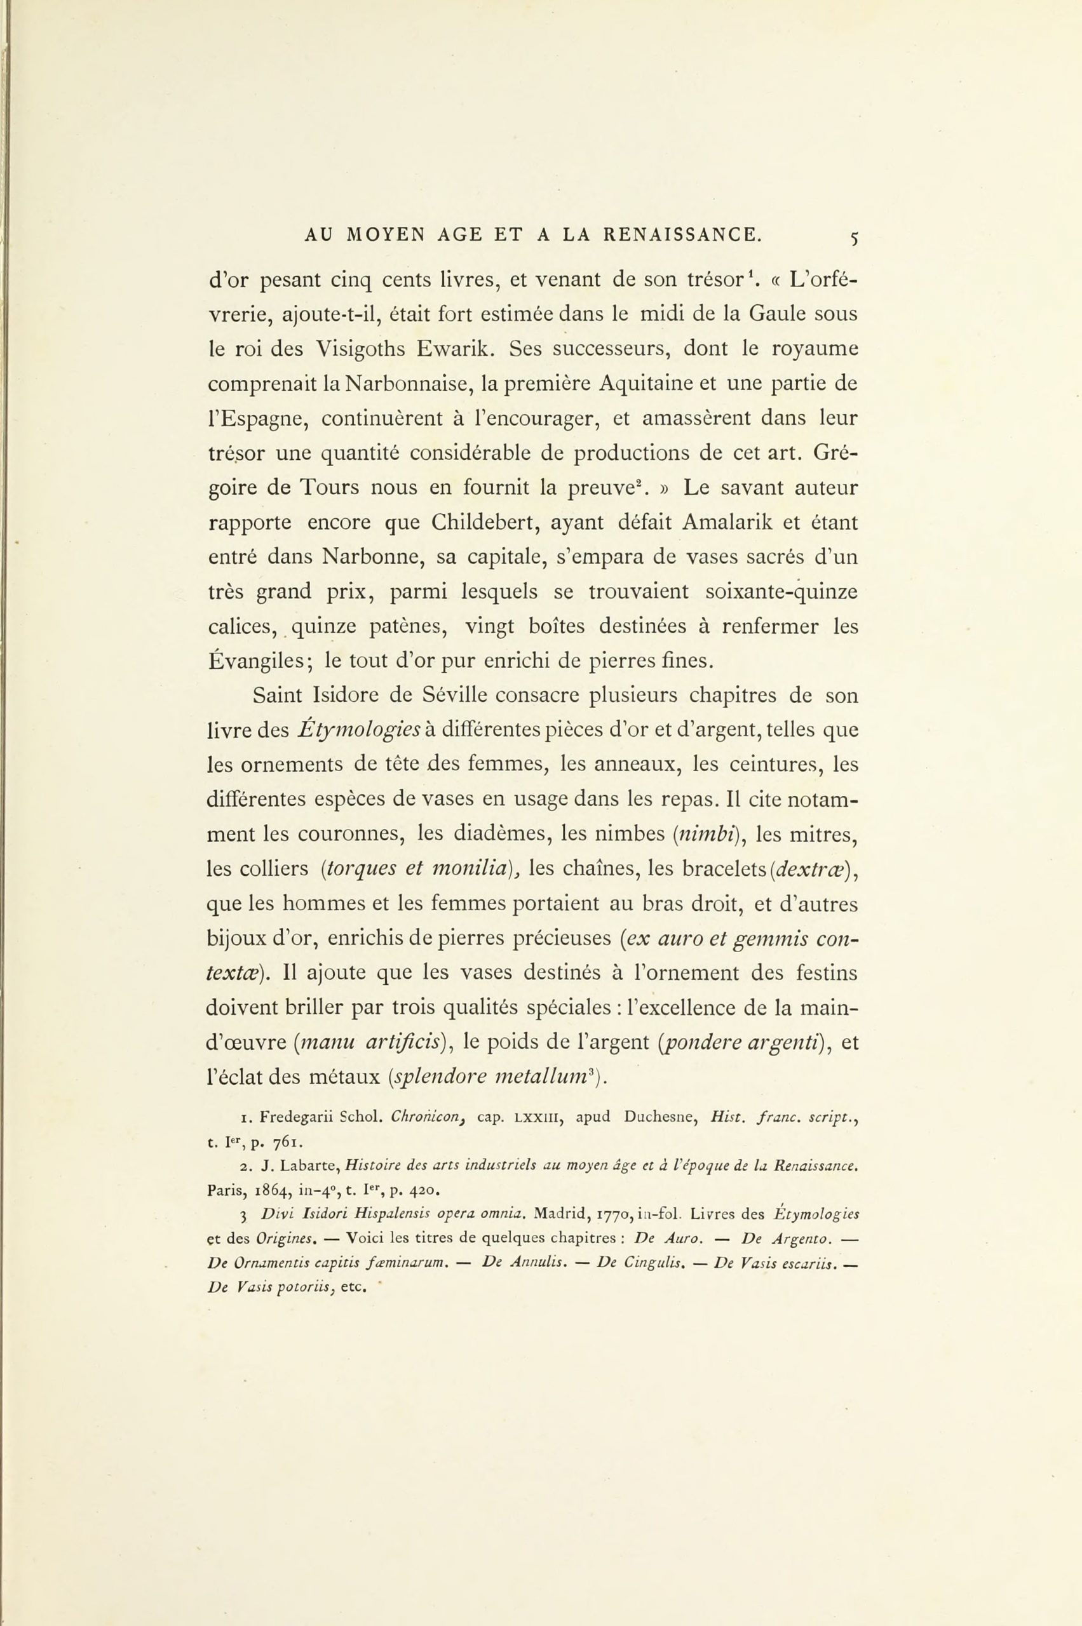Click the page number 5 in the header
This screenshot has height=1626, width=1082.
[855, 239]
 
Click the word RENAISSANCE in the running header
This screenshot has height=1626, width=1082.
[683, 235]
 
